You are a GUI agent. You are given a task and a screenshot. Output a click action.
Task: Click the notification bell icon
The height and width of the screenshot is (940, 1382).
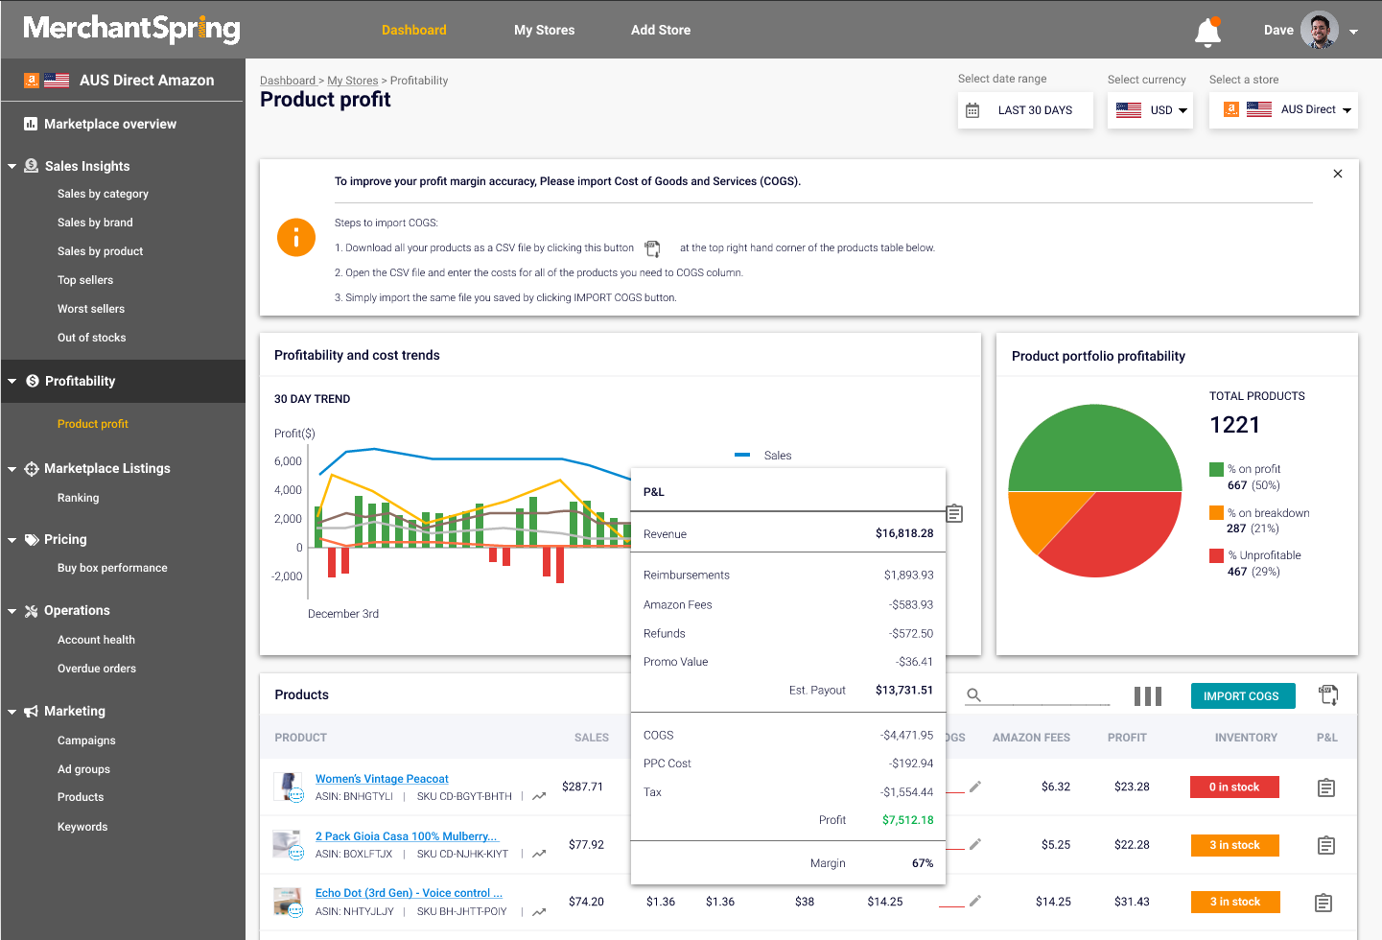1207,33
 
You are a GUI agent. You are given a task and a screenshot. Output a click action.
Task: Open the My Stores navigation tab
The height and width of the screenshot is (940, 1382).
544,30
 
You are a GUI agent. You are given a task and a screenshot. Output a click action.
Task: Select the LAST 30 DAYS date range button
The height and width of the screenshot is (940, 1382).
1024,110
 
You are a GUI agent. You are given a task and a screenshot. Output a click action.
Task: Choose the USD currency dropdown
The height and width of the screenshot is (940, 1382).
1151,110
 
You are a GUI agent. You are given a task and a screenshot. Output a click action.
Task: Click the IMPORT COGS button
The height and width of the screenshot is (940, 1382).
1242,696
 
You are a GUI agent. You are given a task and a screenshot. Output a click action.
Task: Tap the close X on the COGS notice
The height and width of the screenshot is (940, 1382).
1338,174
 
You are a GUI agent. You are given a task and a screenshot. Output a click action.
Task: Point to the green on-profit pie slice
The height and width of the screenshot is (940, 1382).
1094,446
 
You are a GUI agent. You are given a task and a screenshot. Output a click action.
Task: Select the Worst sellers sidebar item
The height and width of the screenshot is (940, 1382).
91,309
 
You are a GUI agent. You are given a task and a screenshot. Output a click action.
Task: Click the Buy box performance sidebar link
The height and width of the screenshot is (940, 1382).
112,568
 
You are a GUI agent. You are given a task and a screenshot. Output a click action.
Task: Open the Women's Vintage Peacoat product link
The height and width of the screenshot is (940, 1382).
382,779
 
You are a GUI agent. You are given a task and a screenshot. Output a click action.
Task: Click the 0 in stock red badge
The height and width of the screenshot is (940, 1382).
1234,787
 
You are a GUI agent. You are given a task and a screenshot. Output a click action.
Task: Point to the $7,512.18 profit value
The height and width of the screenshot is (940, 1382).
907,820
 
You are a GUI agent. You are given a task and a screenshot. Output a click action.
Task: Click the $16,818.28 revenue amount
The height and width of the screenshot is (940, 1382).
903,534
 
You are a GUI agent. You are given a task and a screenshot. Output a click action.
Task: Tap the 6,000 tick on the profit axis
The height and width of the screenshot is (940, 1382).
288,461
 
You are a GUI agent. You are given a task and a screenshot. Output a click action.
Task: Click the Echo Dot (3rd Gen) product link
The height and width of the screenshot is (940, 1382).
409,893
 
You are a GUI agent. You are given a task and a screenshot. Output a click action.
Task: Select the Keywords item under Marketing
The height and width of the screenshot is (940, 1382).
82,827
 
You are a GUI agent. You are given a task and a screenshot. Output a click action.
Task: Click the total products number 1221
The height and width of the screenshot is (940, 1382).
1234,425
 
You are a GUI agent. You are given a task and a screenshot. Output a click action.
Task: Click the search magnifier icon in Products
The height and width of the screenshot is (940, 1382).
973,695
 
